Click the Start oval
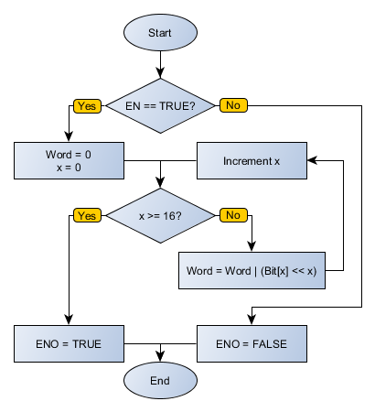tap(160, 33)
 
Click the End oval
tap(160, 379)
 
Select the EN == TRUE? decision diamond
tap(160, 105)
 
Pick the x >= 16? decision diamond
tap(160, 216)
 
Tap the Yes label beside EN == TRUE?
tap(88, 105)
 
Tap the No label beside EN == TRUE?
tap(232, 105)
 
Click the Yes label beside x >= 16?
tap(88, 216)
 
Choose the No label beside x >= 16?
tap(232, 216)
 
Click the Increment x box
tap(252, 161)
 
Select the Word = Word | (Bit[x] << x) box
tap(252, 271)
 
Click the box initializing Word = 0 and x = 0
tap(70, 161)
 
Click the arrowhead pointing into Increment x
tap(311, 161)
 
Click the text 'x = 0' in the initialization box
tap(70, 169)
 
